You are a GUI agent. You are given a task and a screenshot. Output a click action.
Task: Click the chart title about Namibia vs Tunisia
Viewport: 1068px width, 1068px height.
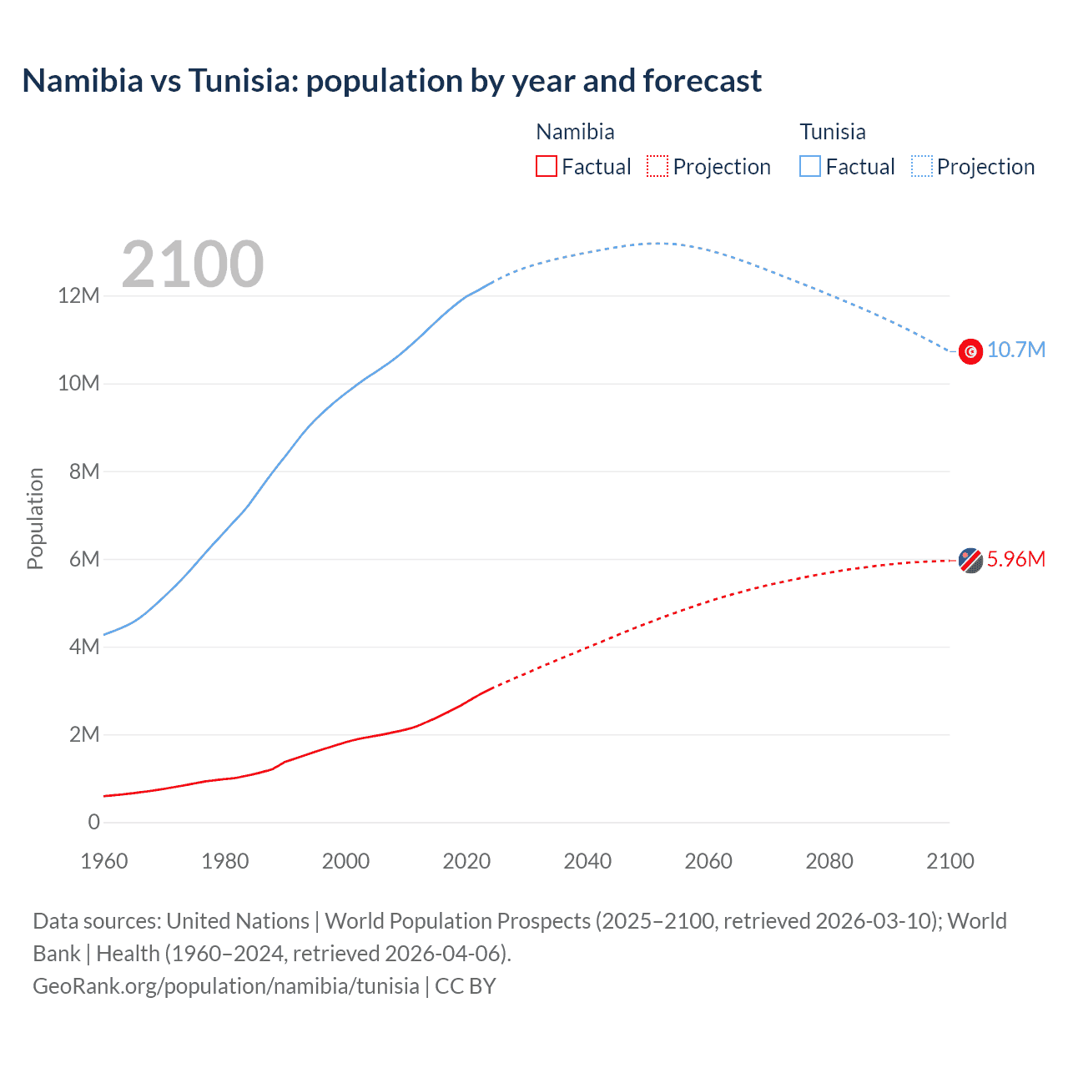click(391, 81)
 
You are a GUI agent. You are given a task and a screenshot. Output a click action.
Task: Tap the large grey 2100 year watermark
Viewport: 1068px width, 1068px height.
click(193, 264)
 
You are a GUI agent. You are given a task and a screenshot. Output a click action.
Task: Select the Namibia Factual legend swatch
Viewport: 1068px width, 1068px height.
click(546, 167)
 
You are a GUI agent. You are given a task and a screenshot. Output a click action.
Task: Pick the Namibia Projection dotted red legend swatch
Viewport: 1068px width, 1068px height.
click(657, 167)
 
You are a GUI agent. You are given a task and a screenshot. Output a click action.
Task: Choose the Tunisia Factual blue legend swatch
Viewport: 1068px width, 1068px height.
click(810, 167)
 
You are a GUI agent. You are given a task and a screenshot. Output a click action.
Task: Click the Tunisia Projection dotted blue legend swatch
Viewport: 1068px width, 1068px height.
click(922, 167)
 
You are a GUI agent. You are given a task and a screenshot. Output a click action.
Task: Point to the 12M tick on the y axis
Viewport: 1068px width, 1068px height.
click(79, 296)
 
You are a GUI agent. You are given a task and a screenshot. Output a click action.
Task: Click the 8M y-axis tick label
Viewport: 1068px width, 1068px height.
click(84, 471)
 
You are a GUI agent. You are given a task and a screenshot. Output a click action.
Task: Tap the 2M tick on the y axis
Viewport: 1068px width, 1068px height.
click(84, 735)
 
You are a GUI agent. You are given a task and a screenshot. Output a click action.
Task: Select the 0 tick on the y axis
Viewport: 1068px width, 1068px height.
click(94, 823)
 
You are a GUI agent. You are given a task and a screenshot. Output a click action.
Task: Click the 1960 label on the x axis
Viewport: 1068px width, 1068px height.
click(104, 861)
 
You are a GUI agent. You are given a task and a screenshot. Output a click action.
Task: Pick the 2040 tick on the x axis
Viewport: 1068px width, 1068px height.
click(587, 861)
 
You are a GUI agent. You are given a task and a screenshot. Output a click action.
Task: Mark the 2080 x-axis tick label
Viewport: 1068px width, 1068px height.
click(829, 861)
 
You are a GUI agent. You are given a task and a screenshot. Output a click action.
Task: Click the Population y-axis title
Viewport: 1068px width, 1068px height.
click(35, 518)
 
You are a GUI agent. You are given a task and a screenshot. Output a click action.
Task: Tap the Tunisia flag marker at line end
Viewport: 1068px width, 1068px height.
click(970, 351)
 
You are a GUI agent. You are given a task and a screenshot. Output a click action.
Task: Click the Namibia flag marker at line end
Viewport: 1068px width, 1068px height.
click(970, 561)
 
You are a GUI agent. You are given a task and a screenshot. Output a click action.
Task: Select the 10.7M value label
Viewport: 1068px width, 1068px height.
click(1016, 350)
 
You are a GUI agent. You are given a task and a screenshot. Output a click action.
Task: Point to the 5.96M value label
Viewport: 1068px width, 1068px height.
click(1016, 560)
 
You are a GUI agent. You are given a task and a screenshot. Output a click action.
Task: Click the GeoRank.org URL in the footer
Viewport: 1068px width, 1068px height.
click(226, 986)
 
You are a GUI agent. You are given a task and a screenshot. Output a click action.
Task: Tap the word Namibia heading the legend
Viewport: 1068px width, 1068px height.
click(575, 132)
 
